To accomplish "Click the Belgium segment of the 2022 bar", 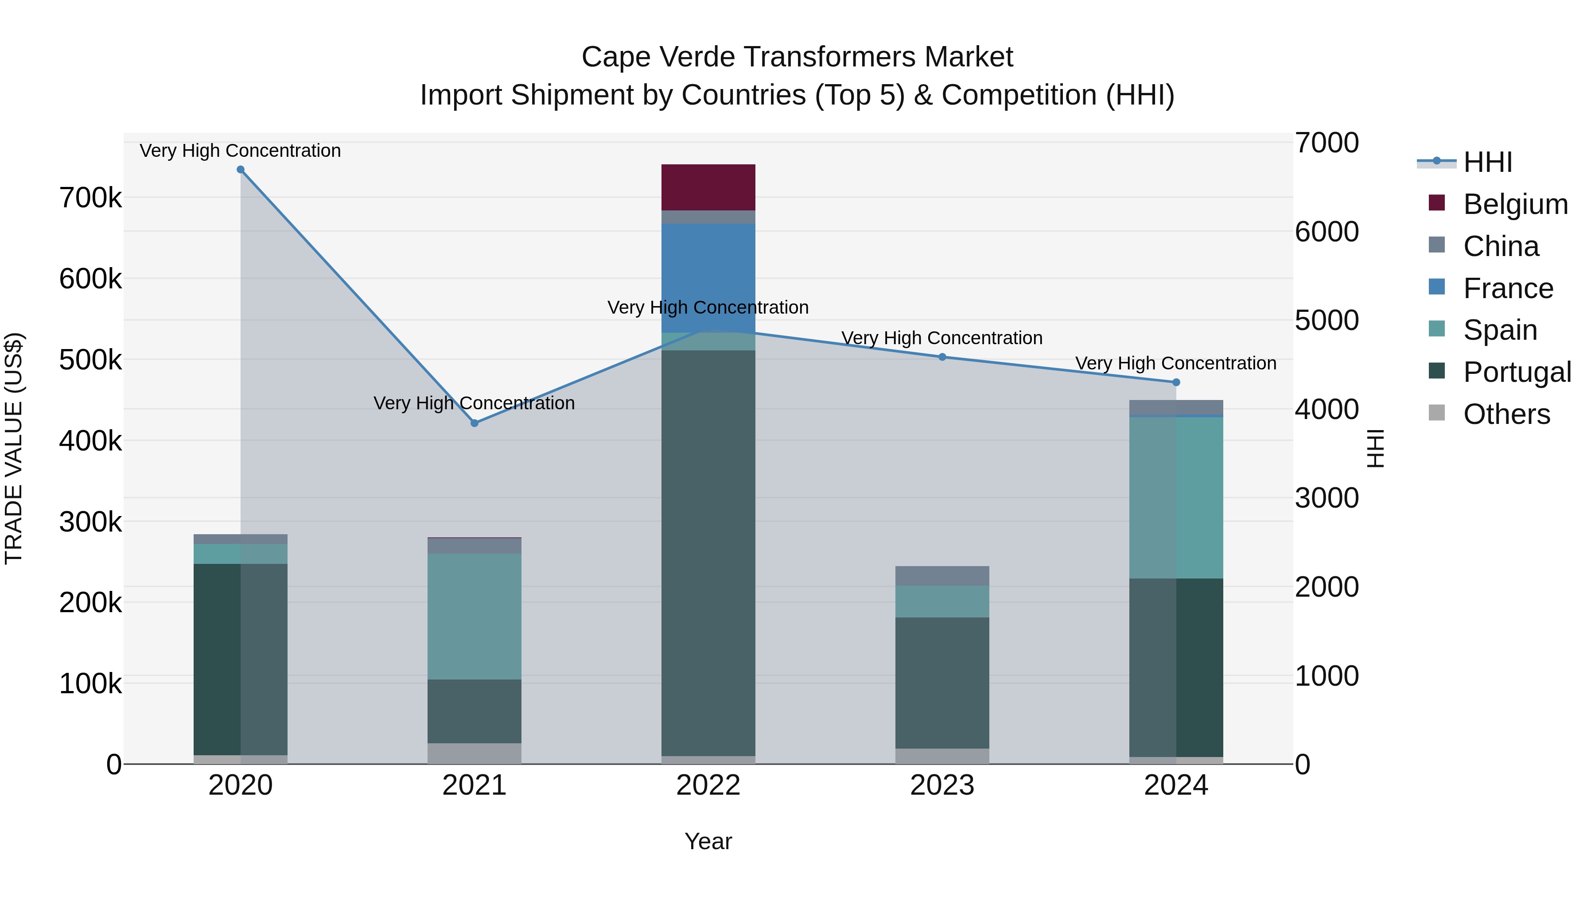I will pyautogui.click(x=708, y=187).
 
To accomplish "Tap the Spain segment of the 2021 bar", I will pyautogui.click(x=474, y=616).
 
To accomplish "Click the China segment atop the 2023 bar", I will pyautogui.click(x=942, y=576).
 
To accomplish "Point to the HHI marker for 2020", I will pyautogui.click(x=241, y=170).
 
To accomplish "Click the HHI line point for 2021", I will pyautogui.click(x=474, y=423).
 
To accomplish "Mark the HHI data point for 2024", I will pyautogui.click(x=1176, y=383).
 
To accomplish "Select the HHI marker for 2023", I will pyautogui.click(x=942, y=357).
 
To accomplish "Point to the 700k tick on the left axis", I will pyautogui.click(x=90, y=198).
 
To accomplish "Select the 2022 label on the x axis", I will pyautogui.click(x=708, y=785).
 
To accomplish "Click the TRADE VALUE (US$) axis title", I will pyautogui.click(x=14, y=448).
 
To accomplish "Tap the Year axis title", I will pyautogui.click(x=708, y=841).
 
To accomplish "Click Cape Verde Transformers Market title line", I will pyautogui.click(x=797, y=57).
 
